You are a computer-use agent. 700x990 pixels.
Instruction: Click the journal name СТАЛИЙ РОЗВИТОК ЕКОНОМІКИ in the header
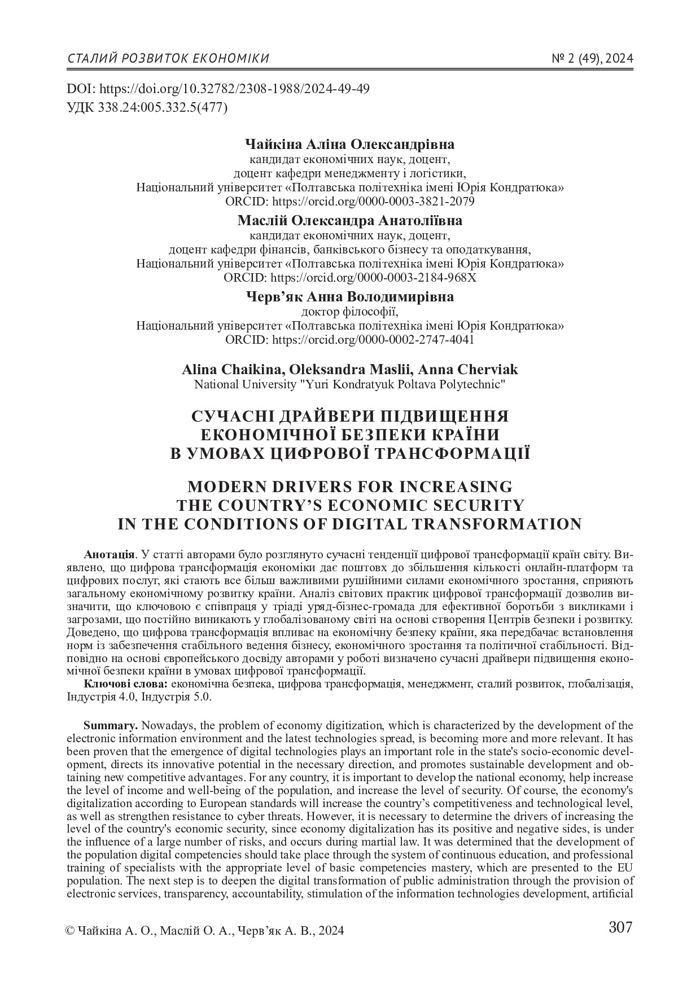click(168, 59)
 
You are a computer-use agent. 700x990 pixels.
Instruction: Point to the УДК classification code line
click(147, 107)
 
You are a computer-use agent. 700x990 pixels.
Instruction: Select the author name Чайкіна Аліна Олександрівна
click(349, 144)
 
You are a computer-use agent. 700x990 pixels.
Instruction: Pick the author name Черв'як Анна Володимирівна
click(349, 296)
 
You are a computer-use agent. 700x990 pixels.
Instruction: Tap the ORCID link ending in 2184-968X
click(374, 278)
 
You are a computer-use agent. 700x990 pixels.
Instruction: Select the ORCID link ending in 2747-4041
click(373, 340)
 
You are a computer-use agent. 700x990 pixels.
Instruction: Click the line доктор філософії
click(349, 311)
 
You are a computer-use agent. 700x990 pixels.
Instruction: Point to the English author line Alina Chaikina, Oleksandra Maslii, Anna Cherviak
click(349, 370)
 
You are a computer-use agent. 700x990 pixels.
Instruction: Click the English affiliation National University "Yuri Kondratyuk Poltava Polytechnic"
click(349, 385)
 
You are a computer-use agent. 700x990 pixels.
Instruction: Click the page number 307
click(620, 927)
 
